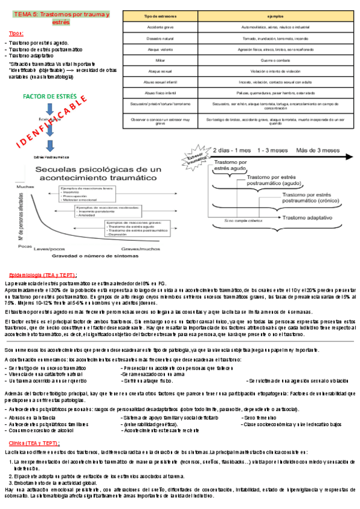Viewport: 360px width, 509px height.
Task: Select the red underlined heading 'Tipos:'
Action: (x=17, y=34)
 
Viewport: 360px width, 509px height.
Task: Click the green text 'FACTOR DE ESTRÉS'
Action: (x=48, y=96)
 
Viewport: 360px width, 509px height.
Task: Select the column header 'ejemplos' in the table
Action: (x=275, y=16)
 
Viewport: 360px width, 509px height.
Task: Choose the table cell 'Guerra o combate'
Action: (x=275, y=61)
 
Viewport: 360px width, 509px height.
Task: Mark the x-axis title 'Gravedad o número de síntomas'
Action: (x=99, y=256)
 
